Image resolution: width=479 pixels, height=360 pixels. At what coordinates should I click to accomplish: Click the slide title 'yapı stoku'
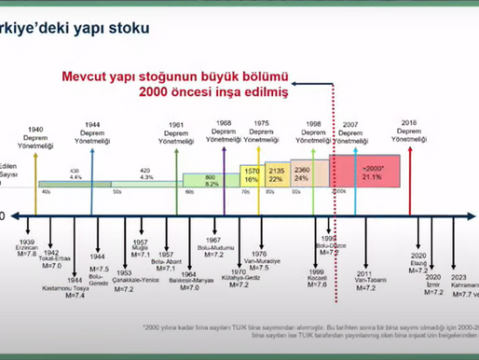102,29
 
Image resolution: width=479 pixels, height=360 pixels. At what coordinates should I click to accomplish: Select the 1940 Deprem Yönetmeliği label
34,139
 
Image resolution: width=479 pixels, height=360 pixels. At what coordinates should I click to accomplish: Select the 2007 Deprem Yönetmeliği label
350,133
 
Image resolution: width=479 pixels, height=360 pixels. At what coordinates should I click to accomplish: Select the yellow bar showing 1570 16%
251,175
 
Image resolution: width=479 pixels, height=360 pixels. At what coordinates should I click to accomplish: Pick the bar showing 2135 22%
276,174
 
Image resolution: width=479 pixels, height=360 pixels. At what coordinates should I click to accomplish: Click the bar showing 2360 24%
303,173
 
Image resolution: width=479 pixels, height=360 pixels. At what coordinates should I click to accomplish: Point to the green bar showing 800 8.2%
212,180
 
